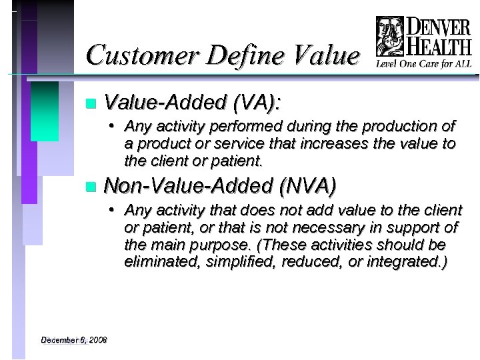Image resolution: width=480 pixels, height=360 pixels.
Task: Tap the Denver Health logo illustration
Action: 390,37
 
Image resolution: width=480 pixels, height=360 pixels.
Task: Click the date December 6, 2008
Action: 73,340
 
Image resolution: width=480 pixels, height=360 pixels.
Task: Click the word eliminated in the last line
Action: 158,262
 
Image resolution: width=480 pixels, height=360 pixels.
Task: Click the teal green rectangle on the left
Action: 45,111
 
